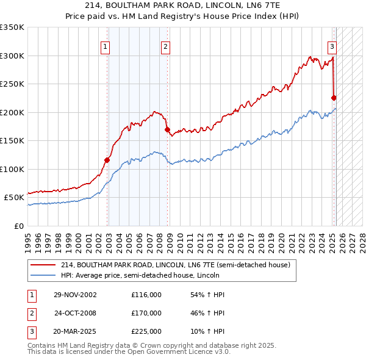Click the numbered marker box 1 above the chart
pos(106,46)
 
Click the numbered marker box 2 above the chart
pos(165,46)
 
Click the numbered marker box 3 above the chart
pos(332,46)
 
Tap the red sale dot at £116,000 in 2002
pos(107,160)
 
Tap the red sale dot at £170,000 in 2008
pos(167,129)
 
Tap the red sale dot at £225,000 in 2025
pos(334,98)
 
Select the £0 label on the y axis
pos(19,226)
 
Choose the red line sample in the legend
pos(43,265)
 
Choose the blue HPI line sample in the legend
pos(43,275)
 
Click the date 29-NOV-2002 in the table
pos(75,295)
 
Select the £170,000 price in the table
pos(146,313)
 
